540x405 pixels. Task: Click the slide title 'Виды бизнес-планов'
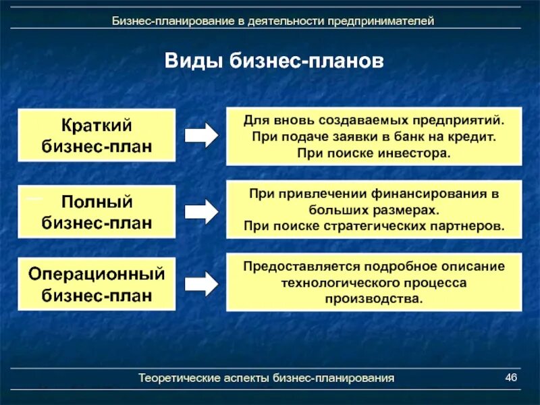point(274,61)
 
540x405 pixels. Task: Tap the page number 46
point(510,377)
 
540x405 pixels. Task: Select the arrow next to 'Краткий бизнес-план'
point(201,136)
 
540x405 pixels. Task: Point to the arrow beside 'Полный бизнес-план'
point(201,211)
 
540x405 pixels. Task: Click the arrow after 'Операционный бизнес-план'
point(201,283)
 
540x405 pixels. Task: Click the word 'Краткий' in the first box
point(97,125)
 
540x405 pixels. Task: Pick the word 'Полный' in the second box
point(97,201)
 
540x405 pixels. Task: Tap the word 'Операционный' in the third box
point(97,274)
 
